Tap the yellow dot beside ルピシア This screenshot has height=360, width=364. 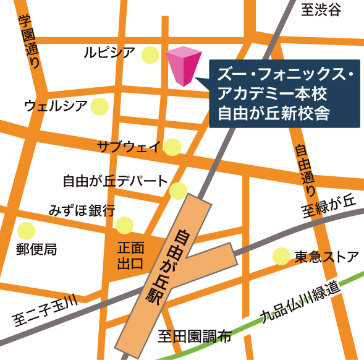tap(150, 55)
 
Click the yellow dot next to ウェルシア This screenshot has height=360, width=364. tap(99, 106)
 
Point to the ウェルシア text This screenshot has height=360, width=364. tap(56, 105)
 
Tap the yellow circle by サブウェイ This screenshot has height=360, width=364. tap(172, 147)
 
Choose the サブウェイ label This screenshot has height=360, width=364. tap(129, 147)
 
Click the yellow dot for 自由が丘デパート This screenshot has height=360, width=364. tap(179, 189)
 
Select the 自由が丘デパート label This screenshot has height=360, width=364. tap(115, 181)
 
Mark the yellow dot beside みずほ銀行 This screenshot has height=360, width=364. tap(125, 225)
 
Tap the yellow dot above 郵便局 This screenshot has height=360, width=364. tap(26, 231)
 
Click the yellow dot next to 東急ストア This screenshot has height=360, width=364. tap(281, 255)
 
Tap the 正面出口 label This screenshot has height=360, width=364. tap(130, 255)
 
